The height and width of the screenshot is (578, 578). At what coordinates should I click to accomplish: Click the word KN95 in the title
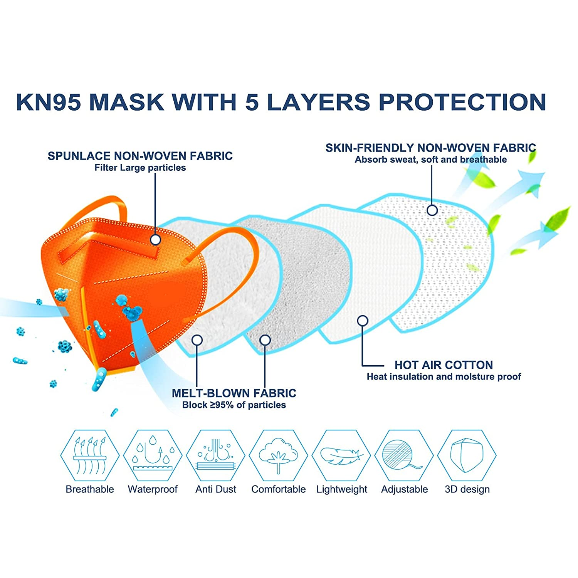49,102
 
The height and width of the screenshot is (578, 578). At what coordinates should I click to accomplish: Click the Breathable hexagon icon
90,456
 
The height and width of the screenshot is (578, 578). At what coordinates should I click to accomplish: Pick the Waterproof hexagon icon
153,456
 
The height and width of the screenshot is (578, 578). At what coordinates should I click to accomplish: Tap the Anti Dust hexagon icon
215,456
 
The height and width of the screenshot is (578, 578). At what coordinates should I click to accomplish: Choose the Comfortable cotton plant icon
278,456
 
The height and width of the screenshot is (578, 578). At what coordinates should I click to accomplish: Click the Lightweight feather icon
341,456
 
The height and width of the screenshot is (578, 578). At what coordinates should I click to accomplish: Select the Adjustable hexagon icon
404,456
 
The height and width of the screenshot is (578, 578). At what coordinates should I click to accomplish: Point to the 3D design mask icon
467,456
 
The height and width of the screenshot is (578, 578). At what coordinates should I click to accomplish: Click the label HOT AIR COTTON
444,365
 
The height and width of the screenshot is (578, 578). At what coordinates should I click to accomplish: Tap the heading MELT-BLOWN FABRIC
234,393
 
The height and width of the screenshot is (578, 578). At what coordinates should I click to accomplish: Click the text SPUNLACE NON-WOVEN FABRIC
140,156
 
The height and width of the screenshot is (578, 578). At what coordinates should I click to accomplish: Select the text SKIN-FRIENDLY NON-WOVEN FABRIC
430,148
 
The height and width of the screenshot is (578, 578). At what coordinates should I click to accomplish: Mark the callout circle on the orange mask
155,240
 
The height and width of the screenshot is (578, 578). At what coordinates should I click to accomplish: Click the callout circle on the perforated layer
432,210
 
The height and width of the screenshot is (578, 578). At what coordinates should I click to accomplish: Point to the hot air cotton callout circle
363,321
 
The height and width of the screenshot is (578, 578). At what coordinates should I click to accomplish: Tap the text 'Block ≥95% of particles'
234,405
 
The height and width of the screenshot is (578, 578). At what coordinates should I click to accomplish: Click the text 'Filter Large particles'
140,168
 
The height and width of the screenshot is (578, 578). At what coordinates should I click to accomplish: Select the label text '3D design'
467,489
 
